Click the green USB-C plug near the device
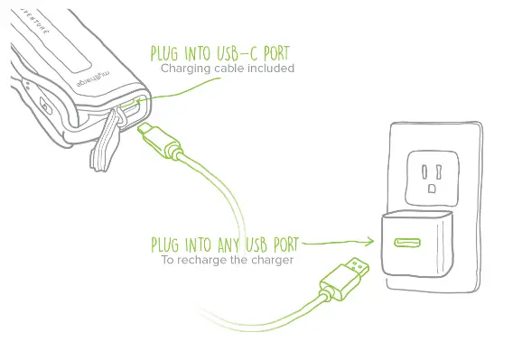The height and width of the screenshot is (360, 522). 150,138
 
